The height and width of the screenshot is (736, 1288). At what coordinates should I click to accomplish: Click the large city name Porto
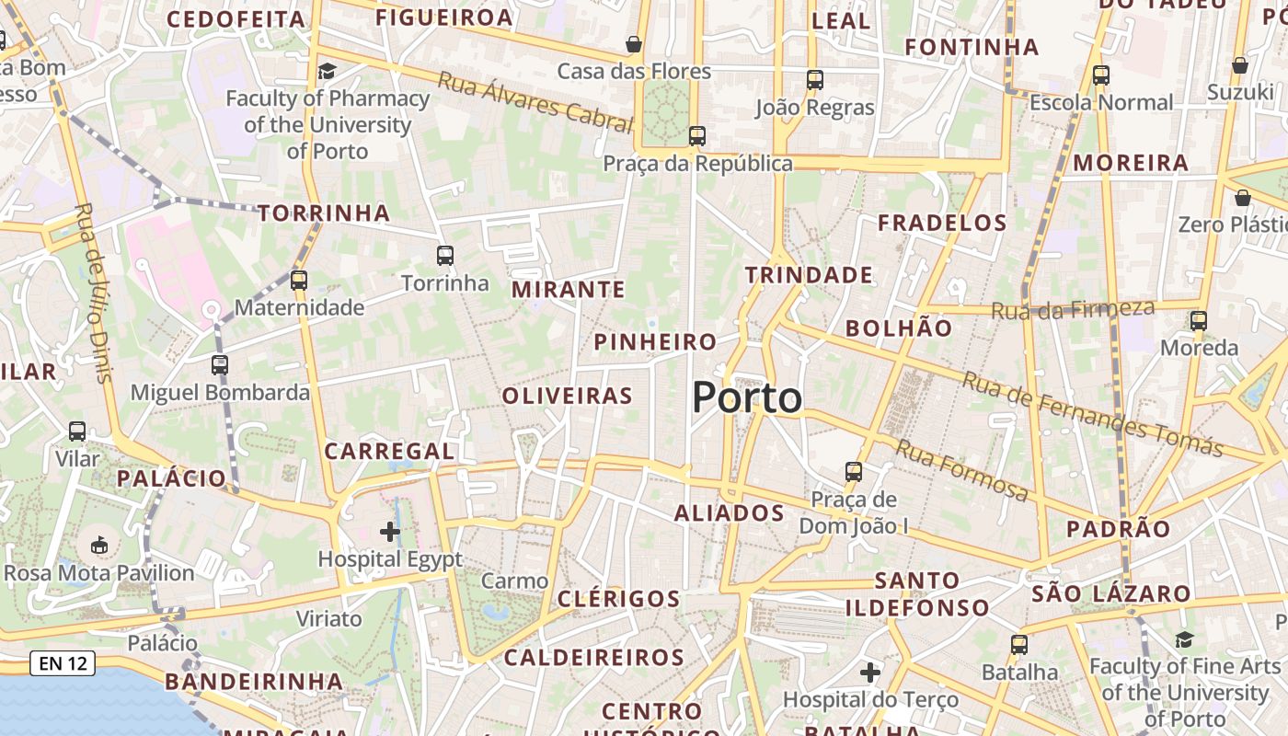click(746, 397)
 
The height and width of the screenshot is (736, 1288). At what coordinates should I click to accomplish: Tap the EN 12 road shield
click(63, 662)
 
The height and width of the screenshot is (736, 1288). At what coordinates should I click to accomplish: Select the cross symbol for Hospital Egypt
click(390, 531)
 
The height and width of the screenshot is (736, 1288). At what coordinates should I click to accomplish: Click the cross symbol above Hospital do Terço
click(869, 673)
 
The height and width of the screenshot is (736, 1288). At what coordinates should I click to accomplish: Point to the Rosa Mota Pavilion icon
click(99, 545)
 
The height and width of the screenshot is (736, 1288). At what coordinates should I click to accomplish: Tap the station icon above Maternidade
click(298, 280)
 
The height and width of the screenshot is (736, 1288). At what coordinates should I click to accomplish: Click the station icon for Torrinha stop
click(444, 255)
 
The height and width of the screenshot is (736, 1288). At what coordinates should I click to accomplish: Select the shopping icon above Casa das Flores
click(634, 43)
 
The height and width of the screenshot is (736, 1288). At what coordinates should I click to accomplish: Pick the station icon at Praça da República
click(696, 136)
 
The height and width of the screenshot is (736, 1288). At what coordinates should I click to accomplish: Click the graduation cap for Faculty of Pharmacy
click(327, 71)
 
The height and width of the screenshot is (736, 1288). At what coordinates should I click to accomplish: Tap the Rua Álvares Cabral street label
click(535, 102)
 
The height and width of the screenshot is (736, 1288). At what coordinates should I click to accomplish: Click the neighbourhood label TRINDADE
click(809, 275)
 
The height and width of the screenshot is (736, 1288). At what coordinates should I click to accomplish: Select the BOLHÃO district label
click(899, 328)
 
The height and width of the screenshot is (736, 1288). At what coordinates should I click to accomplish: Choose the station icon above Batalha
click(1018, 644)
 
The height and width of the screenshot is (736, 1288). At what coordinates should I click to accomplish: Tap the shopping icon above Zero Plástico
click(1242, 198)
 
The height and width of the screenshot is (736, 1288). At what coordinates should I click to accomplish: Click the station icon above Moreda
click(1198, 320)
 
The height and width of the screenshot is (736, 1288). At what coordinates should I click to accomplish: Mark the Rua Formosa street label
click(961, 470)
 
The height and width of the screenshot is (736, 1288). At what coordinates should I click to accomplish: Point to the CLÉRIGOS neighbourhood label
click(618, 599)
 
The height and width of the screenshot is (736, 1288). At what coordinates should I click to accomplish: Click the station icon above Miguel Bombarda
click(219, 364)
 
